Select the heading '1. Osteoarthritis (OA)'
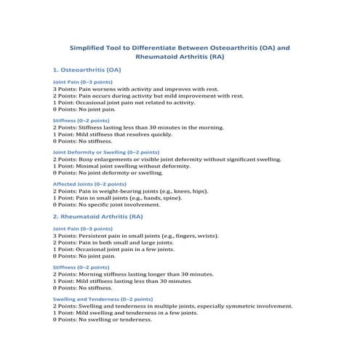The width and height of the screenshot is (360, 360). (87, 70)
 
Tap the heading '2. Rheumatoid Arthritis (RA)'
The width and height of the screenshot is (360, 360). (97, 217)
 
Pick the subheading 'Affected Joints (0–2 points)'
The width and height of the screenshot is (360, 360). (85, 185)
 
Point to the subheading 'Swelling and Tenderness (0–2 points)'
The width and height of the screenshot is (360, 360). (103, 299)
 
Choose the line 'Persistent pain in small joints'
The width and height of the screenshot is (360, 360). (137, 236)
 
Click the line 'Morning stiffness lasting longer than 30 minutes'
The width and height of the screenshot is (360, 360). (133, 274)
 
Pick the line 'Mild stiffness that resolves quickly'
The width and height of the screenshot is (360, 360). (113, 134)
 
